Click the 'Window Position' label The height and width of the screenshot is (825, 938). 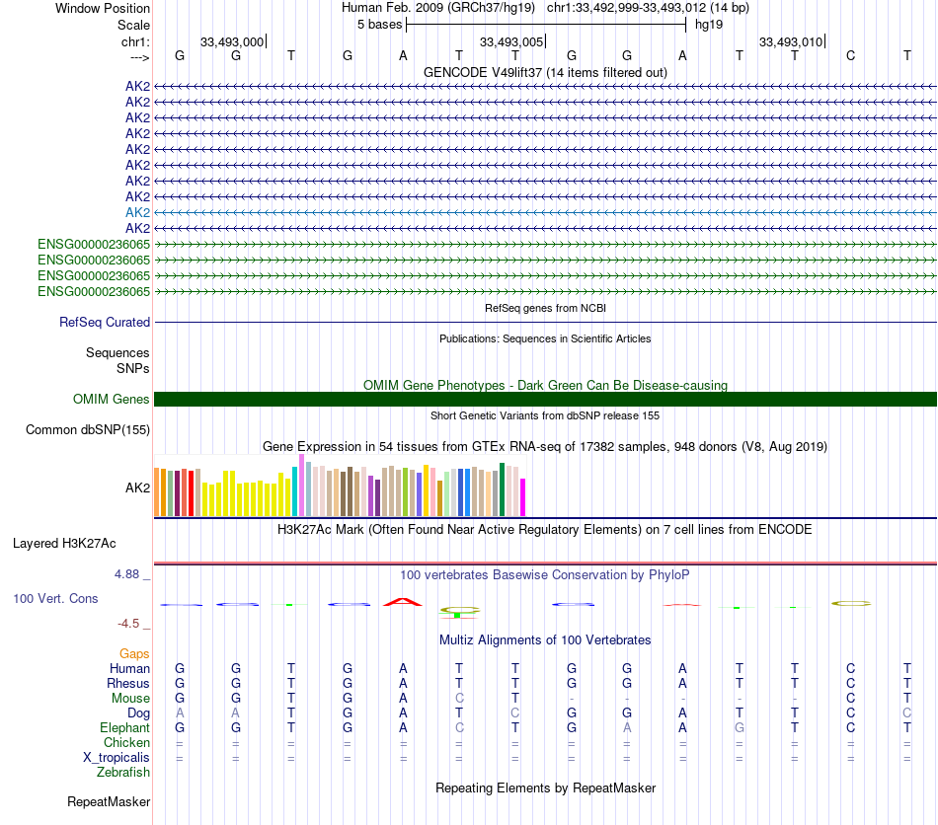pyautogui.click(x=103, y=8)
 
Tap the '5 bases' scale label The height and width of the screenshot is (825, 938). pyautogui.click(x=379, y=25)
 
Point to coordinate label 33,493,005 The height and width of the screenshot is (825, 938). pyautogui.click(x=511, y=41)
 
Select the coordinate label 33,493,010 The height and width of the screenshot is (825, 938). pyautogui.click(x=791, y=41)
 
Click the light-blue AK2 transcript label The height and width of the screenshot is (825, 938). pyautogui.click(x=137, y=212)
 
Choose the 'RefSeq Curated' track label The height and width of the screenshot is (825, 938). pyautogui.click(x=105, y=323)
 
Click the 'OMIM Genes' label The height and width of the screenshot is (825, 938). pyautogui.click(x=111, y=399)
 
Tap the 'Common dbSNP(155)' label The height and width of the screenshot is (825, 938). pyautogui.click(x=88, y=430)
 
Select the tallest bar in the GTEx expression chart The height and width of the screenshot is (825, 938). pyautogui.click(x=302, y=485)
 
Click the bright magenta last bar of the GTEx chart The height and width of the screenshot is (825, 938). pyautogui.click(x=523, y=496)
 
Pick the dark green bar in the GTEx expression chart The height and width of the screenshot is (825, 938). pyautogui.click(x=502, y=489)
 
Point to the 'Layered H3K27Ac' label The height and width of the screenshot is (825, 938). pyautogui.click(x=64, y=544)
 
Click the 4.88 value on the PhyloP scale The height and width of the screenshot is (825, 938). pyautogui.click(x=126, y=574)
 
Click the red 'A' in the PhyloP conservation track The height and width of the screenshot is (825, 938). pyautogui.click(x=403, y=601)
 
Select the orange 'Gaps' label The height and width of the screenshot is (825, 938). pyautogui.click(x=134, y=653)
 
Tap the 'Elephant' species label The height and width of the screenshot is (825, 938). pyautogui.click(x=124, y=727)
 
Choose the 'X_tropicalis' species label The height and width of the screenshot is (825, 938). pyautogui.click(x=117, y=758)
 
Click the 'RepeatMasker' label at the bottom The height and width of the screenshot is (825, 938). pyautogui.click(x=109, y=801)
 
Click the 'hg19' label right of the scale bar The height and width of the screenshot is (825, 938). pyautogui.click(x=709, y=25)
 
